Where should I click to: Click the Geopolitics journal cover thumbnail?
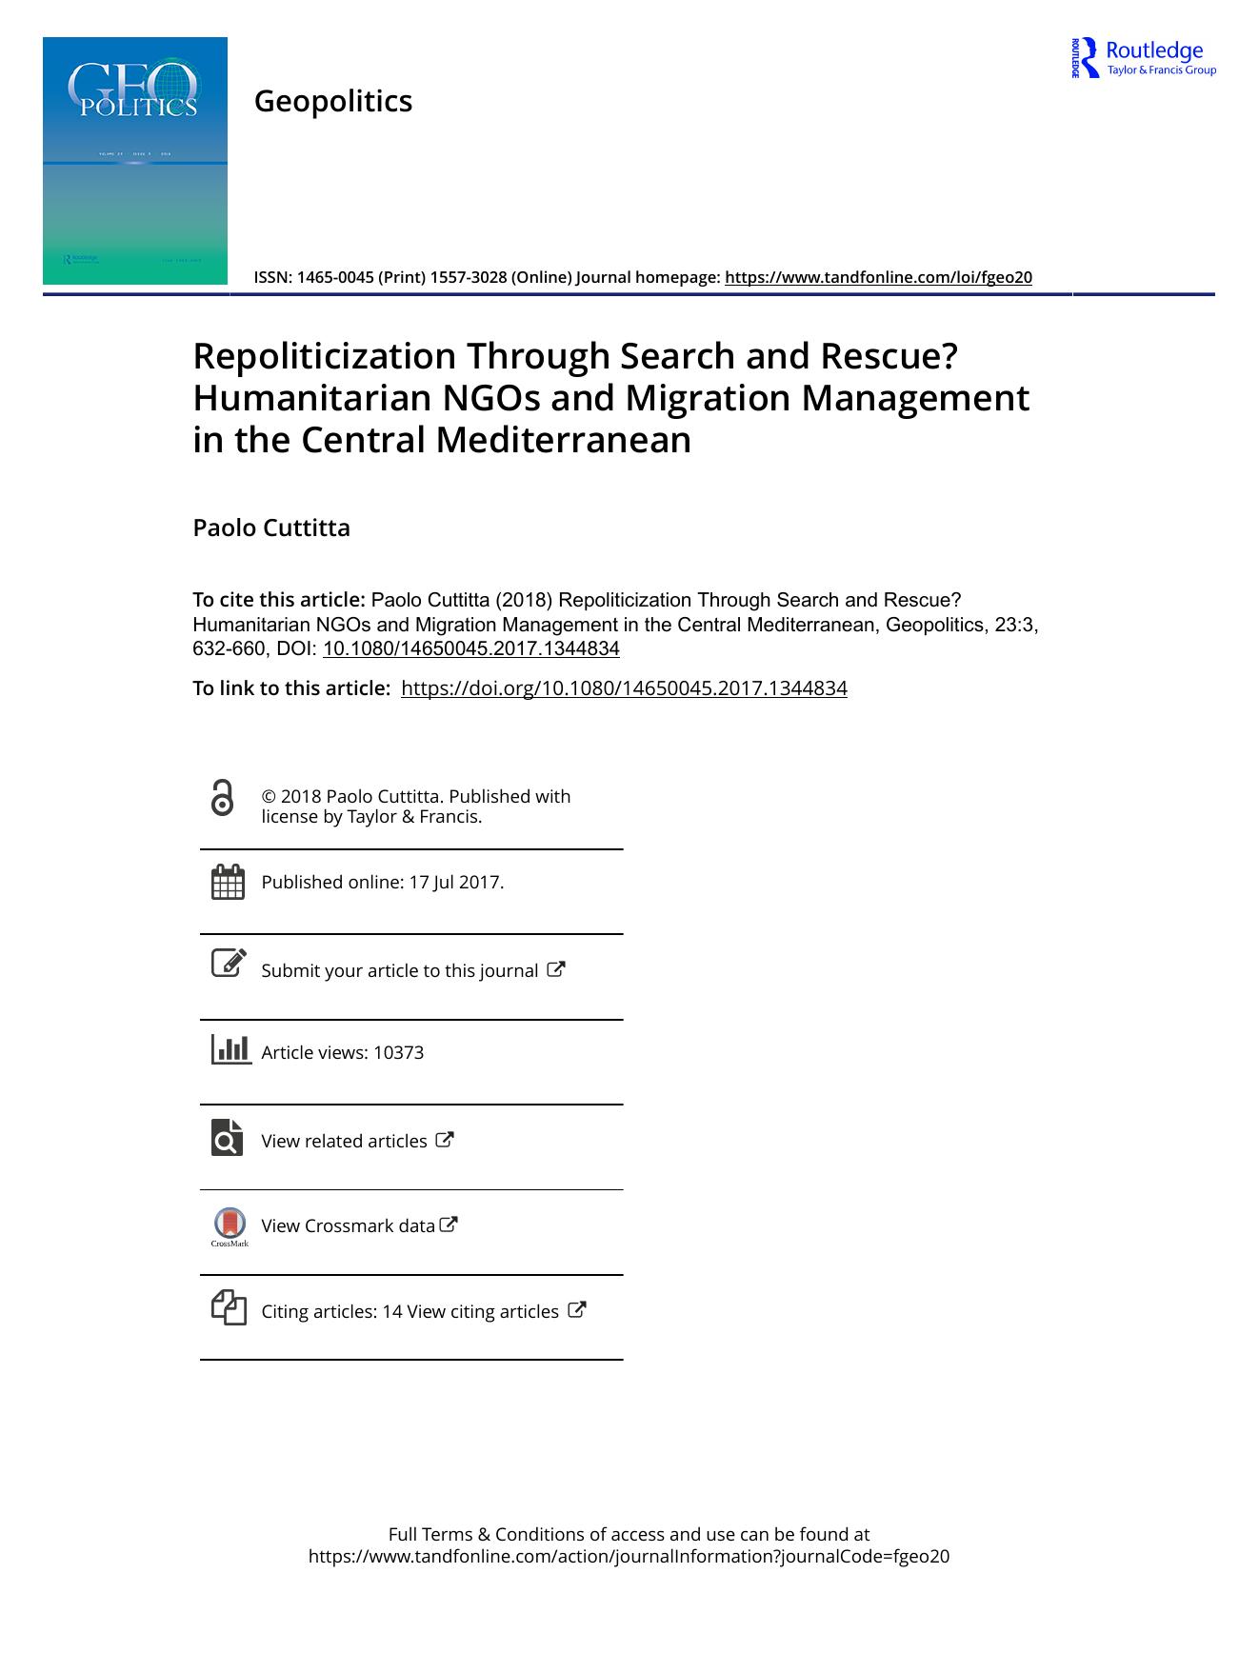click(x=135, y=160)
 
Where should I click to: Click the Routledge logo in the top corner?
click(x=1143, y=58)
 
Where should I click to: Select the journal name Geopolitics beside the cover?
click(x=332, y=101)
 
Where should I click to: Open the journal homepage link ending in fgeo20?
click(x=878, y=277)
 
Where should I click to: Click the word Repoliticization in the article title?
click(x=324, y=356)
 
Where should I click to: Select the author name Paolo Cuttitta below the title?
click(x=271, y=528)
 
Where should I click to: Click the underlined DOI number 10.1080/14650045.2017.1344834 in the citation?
click(x=471, y=649)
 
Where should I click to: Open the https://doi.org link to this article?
click(x=624, y=688)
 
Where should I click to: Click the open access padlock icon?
click(x=222, y=798)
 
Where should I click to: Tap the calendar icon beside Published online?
click(x=228, y=882)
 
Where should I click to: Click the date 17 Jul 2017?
click(x=454, y=883)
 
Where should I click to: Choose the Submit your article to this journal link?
click(x=400, y=970)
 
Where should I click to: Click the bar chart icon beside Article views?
click(x=230, y=1049)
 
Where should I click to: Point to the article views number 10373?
click(x=398, y=1053)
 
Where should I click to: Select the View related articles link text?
click(x=344, y=1141)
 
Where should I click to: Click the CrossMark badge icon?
click(x=230, y=1225)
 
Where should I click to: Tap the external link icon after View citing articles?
click(x=576, y=1309)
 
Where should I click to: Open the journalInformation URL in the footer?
click(x=629, y=1557)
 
